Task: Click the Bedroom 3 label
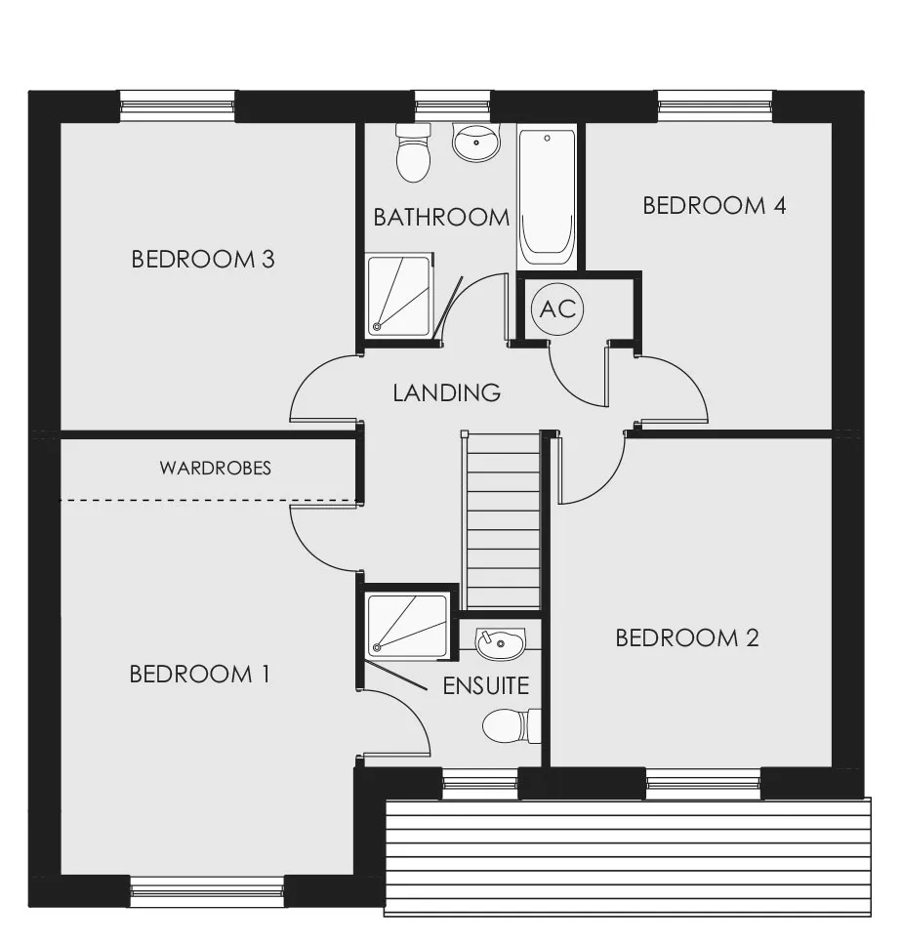pyautogui.click(x=203, y=260)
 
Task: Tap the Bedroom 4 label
pyautogui.click(x=715, y=206)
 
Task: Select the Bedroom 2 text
pyautogui.click(x=687, y=638)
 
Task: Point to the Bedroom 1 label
pyautogui.click(x=200, y=675)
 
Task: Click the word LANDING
pyautogui.click(x=446, y=393)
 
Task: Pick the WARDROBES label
pyautogui.click(x=216, y=469)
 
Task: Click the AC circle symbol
pyautogui.click(x=558, y=309)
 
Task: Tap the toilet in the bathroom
pyautogui.click(x=414, y=153)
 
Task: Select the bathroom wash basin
pyautogui.click(x=476, y=143)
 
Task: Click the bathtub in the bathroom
pyautogui.click(x=547, y=197)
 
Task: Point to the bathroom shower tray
pyautogui.click(x=399, y=295)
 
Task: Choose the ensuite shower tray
pyautogui.click(x=408, y=625)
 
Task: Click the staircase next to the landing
pyautogui.click(x=501, y=521)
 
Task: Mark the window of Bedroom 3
pyautogui.click(x=177, y=106)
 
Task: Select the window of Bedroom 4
pyautogui.click(x=715, y=106)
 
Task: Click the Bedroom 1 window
pyautogui.click(x=207, y=892)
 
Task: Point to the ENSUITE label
pyautogui.click(x=486, y=686)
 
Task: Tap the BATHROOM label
pyautogui.click(x=442, y=218)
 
